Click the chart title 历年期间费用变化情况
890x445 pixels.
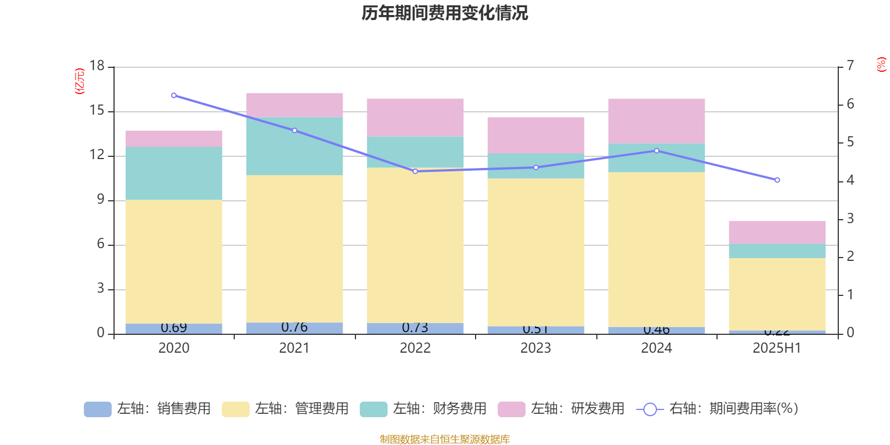[444, 13]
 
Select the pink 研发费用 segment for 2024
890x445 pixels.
[656, 121]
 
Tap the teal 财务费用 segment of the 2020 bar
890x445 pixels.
[174, 173]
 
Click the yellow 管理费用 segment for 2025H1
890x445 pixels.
[777, 294]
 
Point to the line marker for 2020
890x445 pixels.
[174, 95]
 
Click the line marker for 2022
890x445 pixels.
[415, 171]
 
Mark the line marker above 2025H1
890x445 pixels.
[777, 180]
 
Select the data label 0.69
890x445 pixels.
[174, 328]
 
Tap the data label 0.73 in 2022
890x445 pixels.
[415, 328]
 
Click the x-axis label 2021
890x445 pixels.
[294, 348]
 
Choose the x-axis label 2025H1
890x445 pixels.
[777, 348]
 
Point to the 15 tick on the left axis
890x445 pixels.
[97, 111]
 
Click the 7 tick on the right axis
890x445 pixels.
[851, 66]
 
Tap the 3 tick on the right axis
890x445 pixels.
[851, 219]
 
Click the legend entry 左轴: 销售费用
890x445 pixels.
[148, 409]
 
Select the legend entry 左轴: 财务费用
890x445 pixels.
[424, 409]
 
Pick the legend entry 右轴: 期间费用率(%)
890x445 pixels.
[718, 409]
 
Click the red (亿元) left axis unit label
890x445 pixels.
[80, 81]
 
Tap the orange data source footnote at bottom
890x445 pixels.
[444, 439]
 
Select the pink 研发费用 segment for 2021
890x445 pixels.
[294, 105]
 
